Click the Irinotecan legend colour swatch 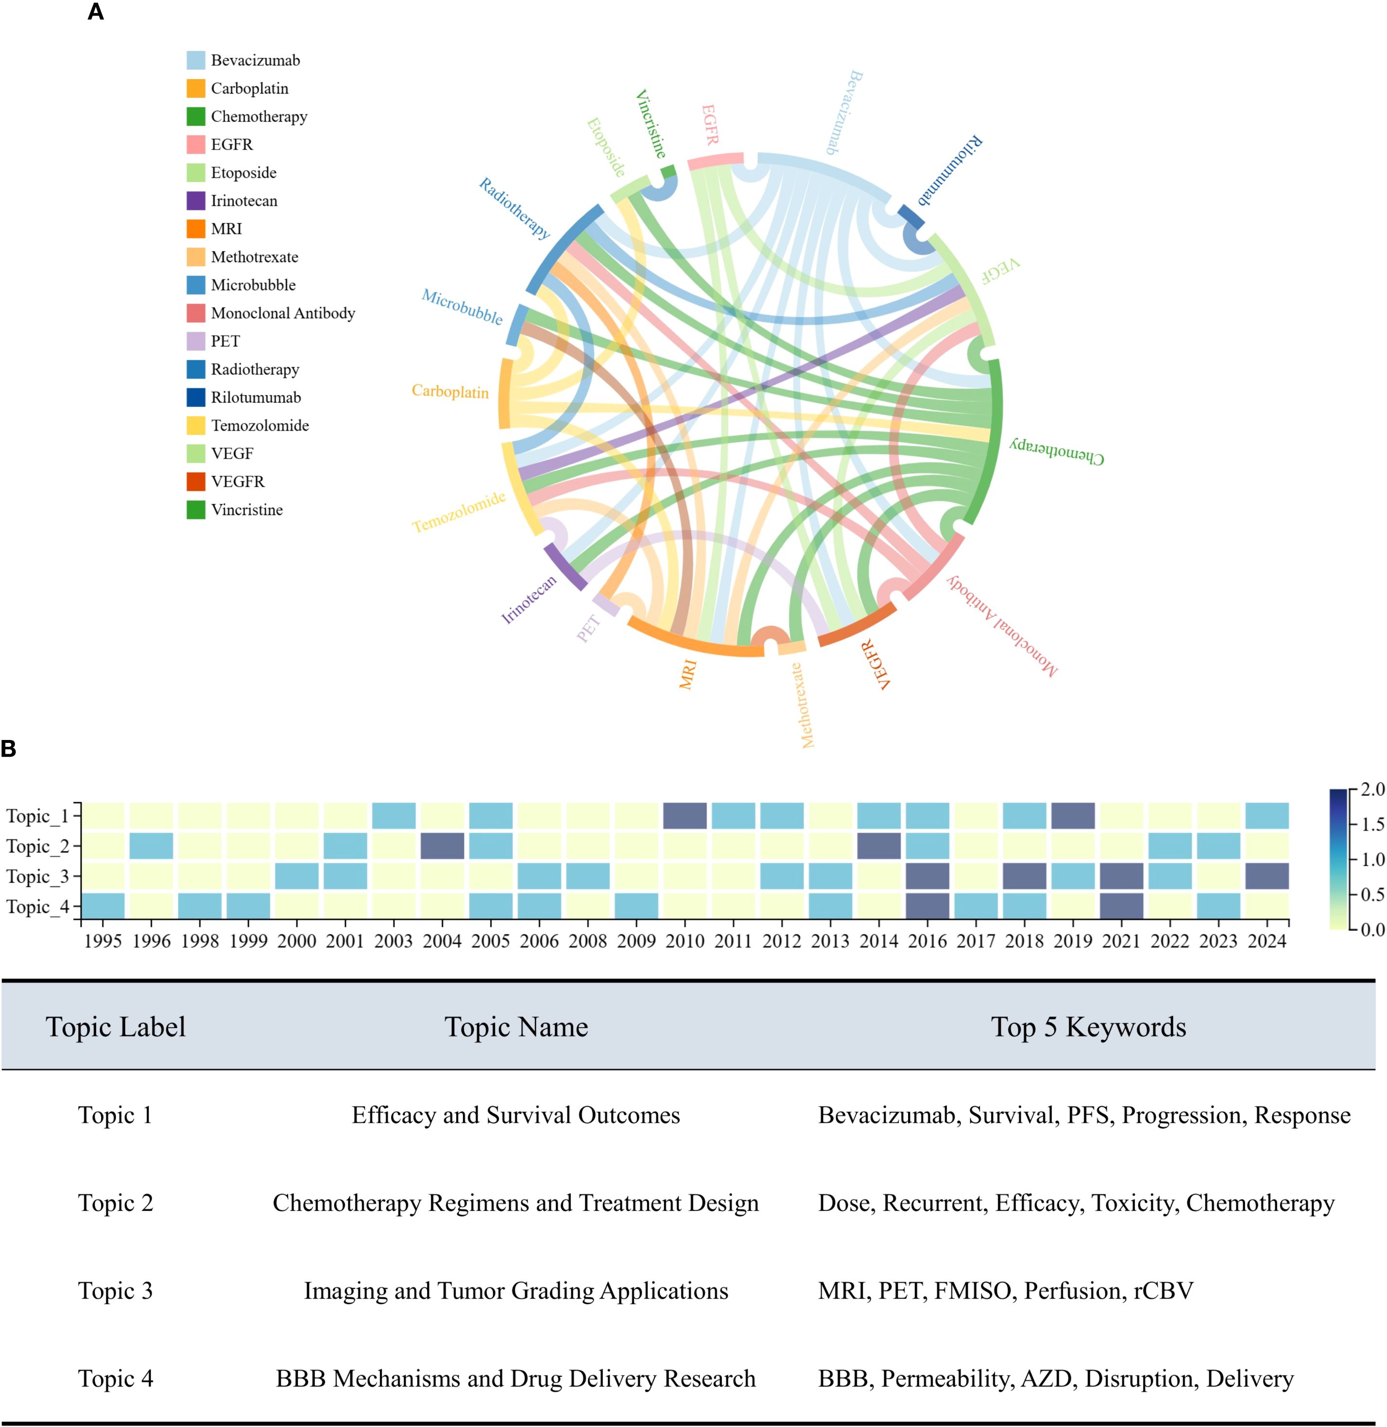pos(195,201)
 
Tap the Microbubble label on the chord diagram pos(462,307)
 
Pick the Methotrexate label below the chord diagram pos(806,705)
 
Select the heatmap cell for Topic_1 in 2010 pos(685,816)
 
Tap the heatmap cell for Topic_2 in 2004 pos(442,846)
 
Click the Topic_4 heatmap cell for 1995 pos(103,906)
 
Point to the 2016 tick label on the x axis pos(927,941)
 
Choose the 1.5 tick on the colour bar pos(1372,824)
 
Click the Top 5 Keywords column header pos(1088,1027)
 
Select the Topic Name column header pos(516,1027)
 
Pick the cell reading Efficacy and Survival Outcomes pos(516,1115)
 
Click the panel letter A pos(95,12)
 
